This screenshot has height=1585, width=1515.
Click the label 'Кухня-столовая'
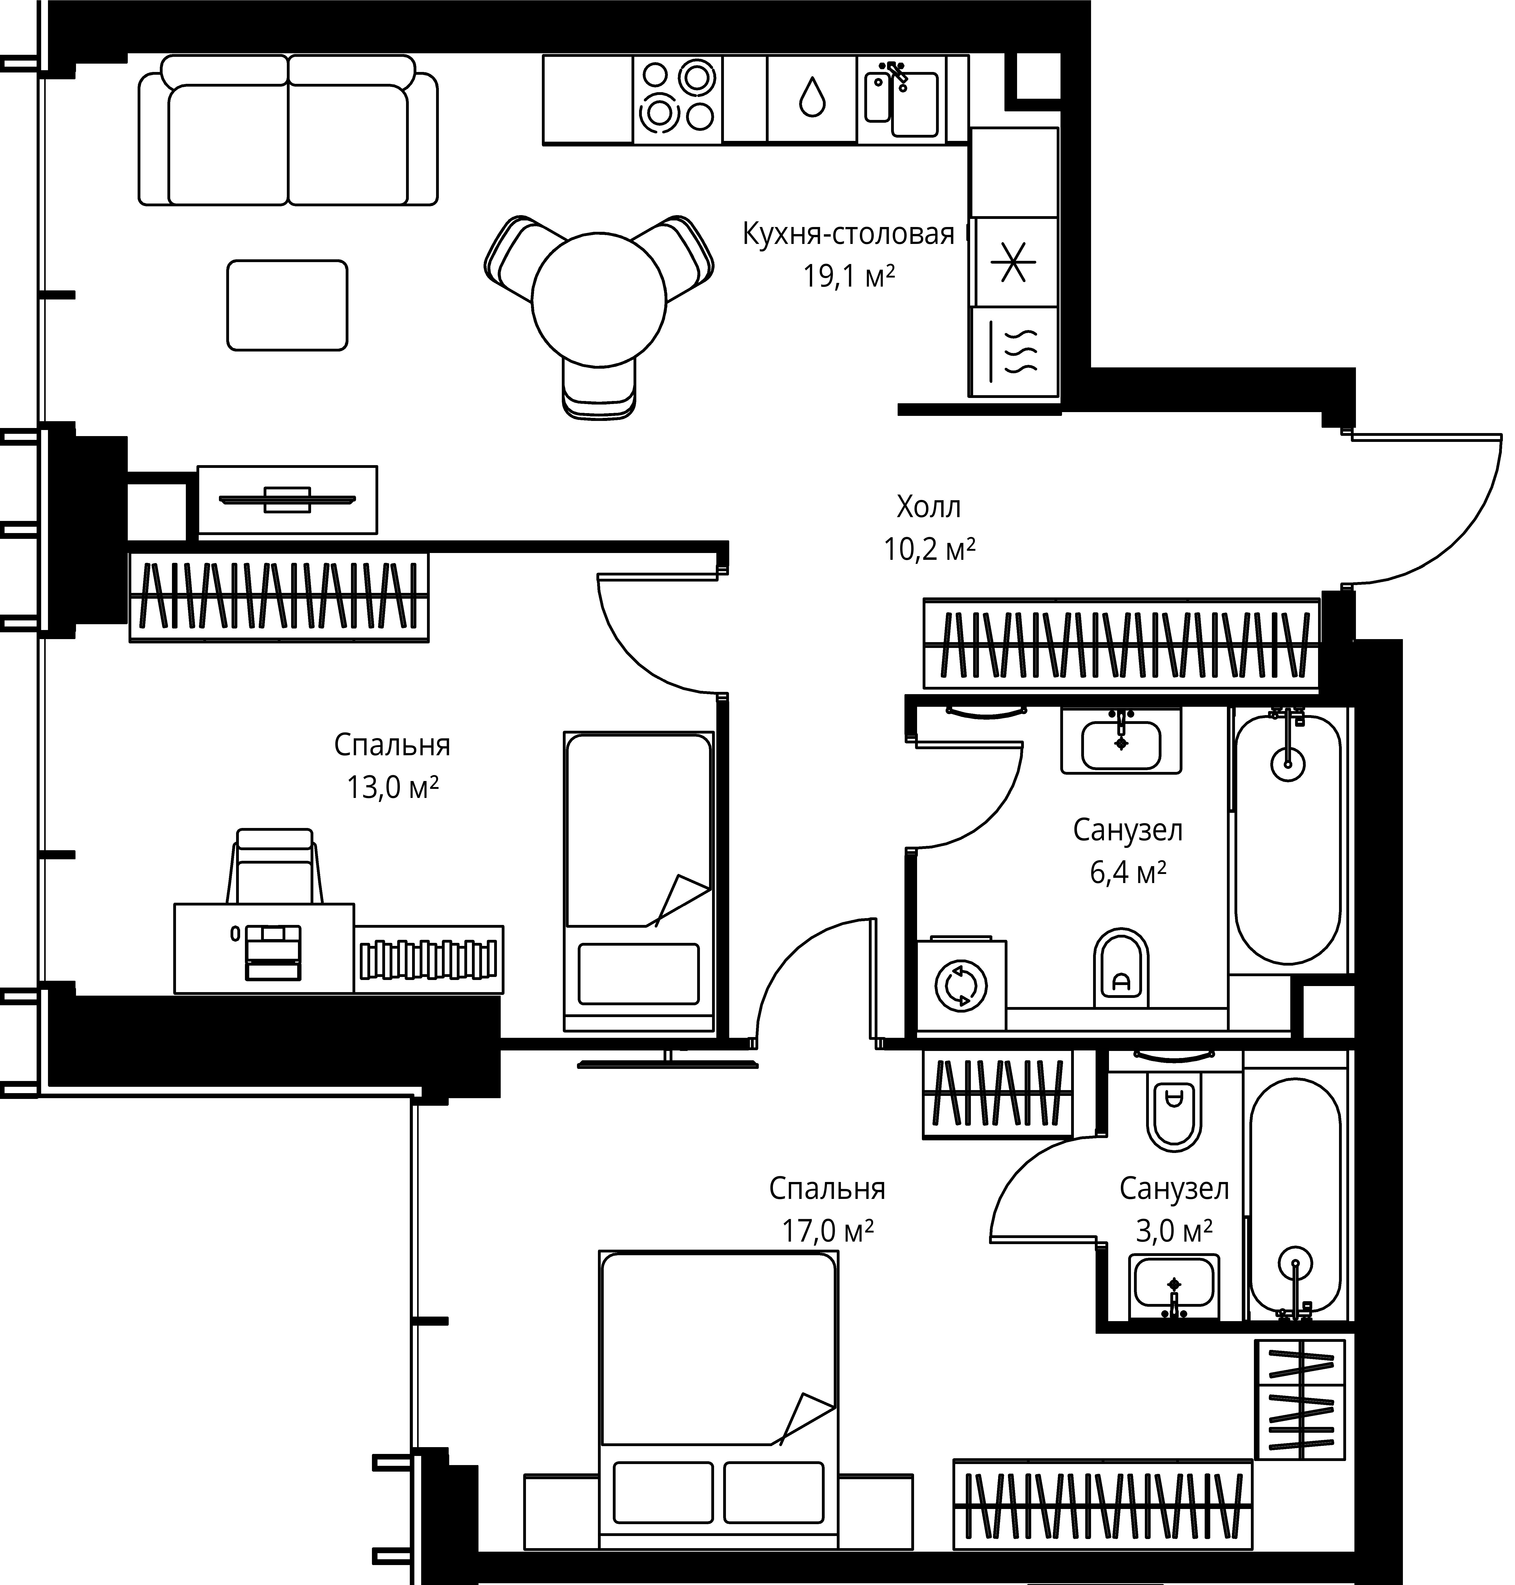(848, 234)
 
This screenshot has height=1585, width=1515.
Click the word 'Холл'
(929, 507)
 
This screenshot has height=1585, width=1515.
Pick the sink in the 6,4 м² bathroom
(1121, 741)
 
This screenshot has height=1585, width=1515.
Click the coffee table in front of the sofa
(288, 305)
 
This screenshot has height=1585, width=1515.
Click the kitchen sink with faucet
(902, 99)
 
